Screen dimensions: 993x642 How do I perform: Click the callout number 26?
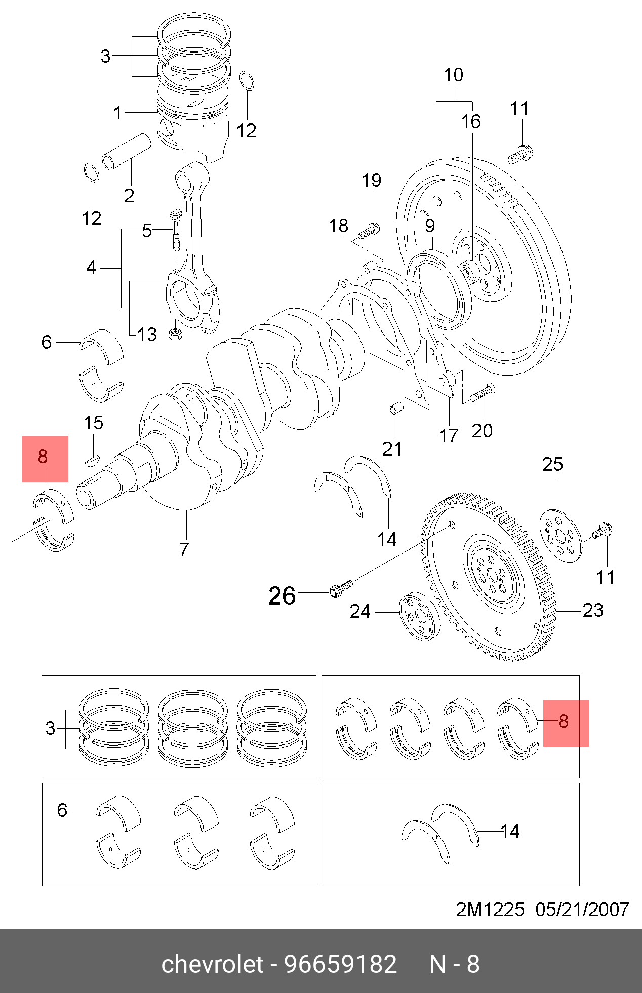click(282, 596)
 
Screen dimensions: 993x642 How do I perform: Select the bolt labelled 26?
click(341, 589)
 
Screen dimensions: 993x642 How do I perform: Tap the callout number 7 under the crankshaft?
click(184, 549)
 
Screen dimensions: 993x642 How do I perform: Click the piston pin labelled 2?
click(126, 151)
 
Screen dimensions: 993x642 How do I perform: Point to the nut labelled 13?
click(175, 334)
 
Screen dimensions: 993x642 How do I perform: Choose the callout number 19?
click(371, 180)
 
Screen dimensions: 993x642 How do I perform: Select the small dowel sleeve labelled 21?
click(396, 407)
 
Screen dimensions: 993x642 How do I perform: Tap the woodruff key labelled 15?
click(92, 460)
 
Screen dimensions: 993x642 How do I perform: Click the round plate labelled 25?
click(560, 536)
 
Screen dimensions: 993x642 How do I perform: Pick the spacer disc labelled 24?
click(419, 616)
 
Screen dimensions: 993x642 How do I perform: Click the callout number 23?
click(593, 610)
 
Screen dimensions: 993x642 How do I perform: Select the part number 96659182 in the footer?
click(341, 964)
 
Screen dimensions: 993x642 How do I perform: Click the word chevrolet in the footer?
click(212, 964)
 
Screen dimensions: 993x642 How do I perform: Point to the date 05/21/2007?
click(582, 909)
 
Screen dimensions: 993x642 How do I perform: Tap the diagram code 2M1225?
click(490, 909)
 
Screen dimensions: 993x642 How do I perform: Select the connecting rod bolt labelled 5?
click(175, 229)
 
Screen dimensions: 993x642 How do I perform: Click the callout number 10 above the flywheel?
click(453, 75)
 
